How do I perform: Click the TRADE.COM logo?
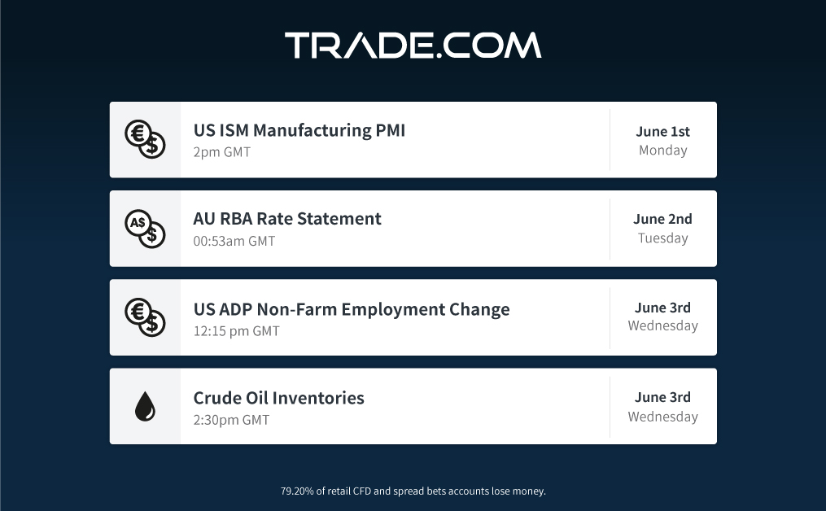pos(413,45)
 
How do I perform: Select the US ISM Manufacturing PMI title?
pos(299,130)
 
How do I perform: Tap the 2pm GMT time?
pos(222,152)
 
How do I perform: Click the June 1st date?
pos(662,131)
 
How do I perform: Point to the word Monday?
pos(662,151)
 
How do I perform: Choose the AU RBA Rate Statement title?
pos(287,219)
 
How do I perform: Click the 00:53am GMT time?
pos(234,242)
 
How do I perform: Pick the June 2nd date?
pos(662,219)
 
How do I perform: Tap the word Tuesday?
pos(662,238)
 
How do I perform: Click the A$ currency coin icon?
pos(145,229)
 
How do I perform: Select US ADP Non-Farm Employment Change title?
pos(352,309)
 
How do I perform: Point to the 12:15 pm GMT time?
pos(237,331)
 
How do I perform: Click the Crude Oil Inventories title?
pos(278,398)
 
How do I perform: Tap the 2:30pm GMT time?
pos(231,420)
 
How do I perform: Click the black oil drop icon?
pos(145,406)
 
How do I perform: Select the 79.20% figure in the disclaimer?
pos(297,491)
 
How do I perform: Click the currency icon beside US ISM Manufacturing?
pos(145,140)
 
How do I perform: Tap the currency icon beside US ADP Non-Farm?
pos(145,317)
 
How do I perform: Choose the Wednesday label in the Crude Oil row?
pos(662,417)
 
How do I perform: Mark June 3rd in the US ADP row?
pos(662,308)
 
